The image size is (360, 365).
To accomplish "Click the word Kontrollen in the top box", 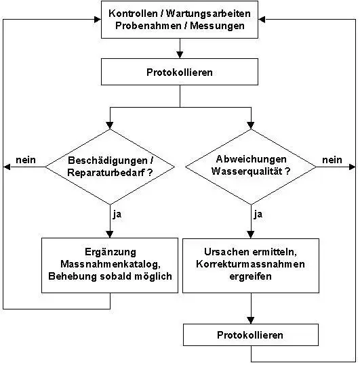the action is [x=133, y=14].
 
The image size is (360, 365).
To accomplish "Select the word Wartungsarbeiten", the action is [x=208, y=14].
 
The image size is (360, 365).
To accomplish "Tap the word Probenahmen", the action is [x=148, y=26].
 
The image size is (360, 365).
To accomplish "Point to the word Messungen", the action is [x=217, y=26].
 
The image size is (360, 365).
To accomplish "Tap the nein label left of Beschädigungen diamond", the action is [x=26, y=160].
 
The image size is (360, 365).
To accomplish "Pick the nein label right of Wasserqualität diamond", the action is [x=332, y=160].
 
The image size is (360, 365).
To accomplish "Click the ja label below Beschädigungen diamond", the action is [x=117, y=214].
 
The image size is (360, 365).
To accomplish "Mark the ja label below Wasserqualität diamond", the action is [x=258, y=214].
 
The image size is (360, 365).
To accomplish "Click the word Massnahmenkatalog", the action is [x=111, y=264].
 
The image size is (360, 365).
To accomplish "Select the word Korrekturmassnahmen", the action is [x=250, y=264].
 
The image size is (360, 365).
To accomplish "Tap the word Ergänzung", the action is [x=111, y=253].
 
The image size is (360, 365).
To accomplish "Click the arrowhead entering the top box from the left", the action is [x=98, y=20].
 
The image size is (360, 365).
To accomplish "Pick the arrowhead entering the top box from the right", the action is [x=262, y=20].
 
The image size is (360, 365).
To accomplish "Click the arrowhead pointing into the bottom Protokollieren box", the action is [x=251, y=320].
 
